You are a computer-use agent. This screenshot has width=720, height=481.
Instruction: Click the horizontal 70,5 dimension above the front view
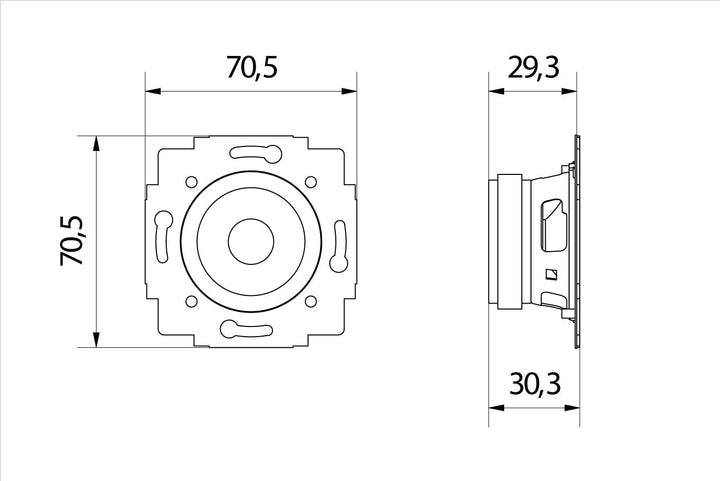(x=252, y=67)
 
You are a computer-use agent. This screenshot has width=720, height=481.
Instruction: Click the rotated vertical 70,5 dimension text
(x=72, y=240)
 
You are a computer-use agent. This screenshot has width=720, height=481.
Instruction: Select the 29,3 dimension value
(x=533, y=68)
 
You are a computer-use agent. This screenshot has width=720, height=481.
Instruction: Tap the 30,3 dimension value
(x=535, y=384)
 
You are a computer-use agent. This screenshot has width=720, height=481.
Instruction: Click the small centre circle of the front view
(x=251, y=241)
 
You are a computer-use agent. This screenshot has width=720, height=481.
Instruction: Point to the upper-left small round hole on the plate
(x=191, y=182)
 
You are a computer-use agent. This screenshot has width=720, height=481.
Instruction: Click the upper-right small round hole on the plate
(x=311, y=182)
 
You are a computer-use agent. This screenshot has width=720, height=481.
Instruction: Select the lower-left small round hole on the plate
(x=191, y=302)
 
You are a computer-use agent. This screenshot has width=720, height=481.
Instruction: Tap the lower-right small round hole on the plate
(x=311, y=302)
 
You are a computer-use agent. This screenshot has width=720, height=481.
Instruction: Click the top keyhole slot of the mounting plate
(x=255, y=153)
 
